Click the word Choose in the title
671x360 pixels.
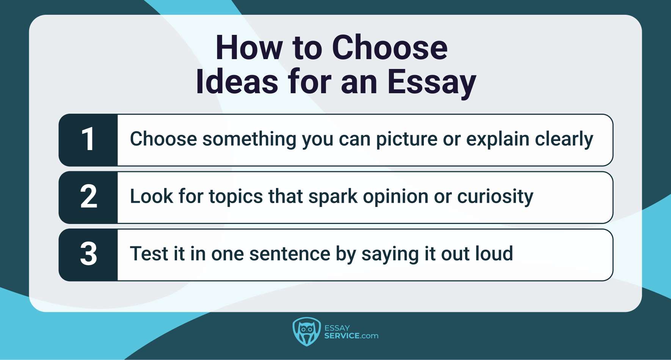coord(390,48)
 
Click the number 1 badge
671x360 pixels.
coord(88,140)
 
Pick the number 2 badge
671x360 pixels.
coord(88,197)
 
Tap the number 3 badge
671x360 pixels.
coord(88,254)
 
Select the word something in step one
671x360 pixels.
coord(249,139)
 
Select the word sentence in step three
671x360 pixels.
coord(290,254)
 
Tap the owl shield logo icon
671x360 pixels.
coord(306,332)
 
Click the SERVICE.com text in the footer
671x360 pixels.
coord(351,336)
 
